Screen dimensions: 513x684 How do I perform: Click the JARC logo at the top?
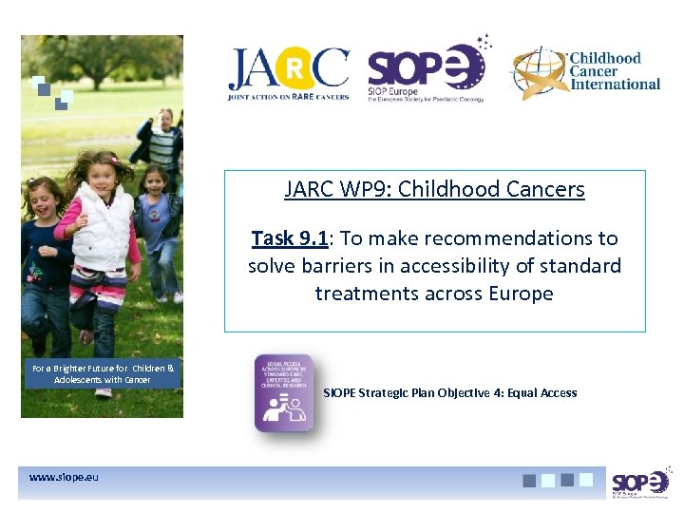(x=288, y=74)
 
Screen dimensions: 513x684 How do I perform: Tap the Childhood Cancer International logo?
(x=585, y=72)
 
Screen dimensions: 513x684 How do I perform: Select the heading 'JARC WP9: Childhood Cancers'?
(x=434, y=189)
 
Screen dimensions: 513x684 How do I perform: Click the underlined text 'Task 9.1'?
(x=290, y=238)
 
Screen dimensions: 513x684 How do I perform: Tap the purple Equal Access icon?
(x=283, y=393)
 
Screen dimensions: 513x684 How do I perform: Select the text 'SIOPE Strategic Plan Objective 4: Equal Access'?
(x=449, y=392)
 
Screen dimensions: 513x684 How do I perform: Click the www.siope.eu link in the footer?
(x=64, y=477)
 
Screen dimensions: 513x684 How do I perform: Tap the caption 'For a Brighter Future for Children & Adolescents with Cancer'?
(x=103, y=373)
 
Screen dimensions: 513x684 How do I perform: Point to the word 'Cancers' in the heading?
(x=546, y=189)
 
